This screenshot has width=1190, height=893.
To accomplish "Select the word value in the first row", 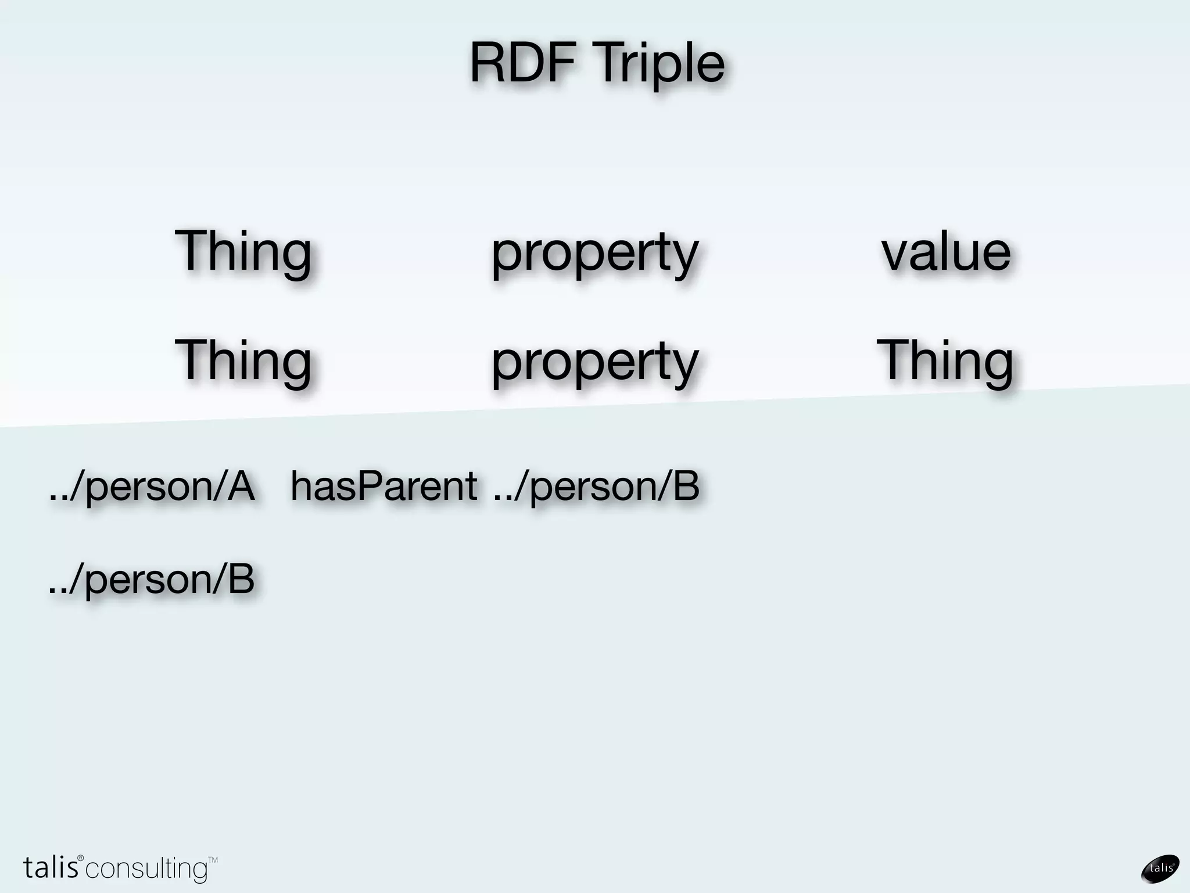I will [946, 252].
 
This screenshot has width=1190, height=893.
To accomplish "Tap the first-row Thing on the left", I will [243, 252].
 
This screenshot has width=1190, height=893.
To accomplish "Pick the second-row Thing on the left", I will [243, 360].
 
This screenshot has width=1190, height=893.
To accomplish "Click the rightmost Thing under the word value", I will [945, 360].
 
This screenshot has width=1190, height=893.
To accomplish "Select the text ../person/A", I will [152, 487].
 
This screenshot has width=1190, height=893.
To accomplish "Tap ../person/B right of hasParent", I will [596, 487].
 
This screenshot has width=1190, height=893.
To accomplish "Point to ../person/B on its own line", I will [152, 580].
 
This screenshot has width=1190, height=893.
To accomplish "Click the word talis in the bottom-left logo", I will [50, 867].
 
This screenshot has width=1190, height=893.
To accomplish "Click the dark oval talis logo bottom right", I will [1160, 869].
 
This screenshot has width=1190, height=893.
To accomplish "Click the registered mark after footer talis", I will [81, 858].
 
